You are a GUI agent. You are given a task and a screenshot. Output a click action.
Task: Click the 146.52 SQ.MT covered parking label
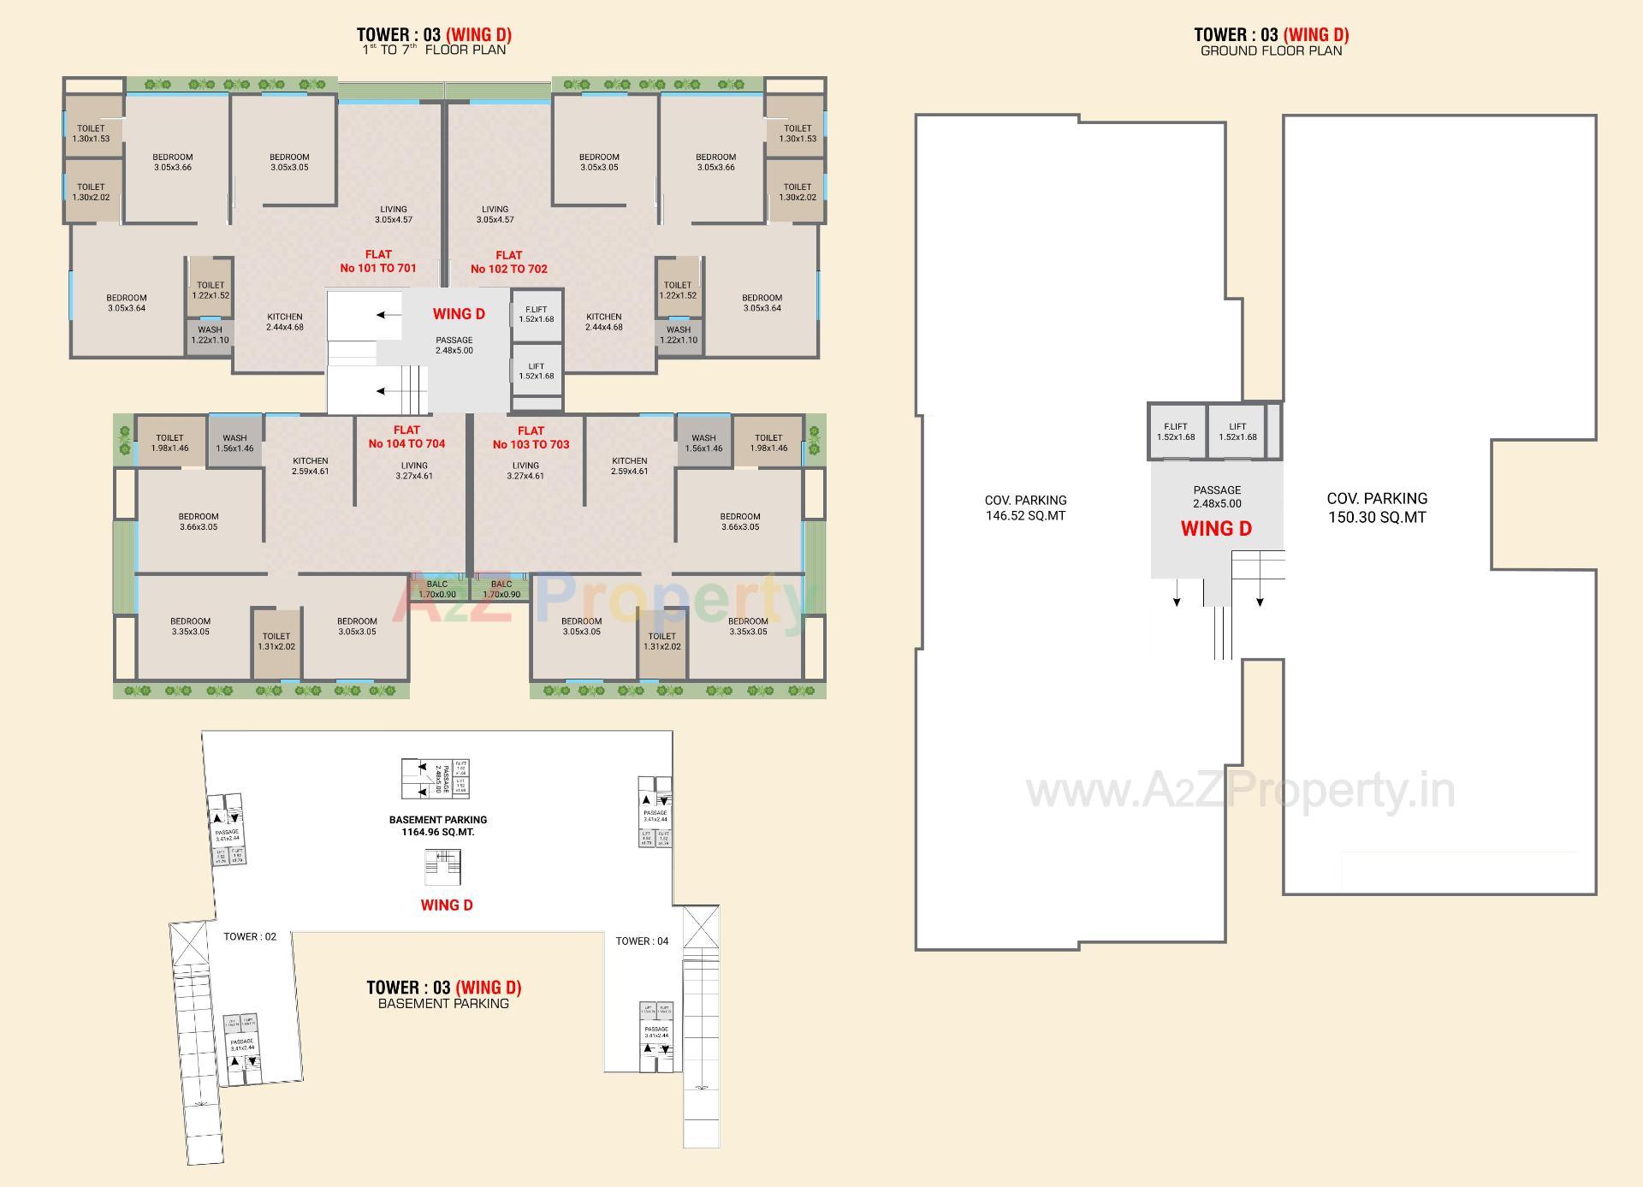[1025, 507]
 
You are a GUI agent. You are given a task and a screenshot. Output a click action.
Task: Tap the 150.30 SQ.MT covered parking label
[1377, 507]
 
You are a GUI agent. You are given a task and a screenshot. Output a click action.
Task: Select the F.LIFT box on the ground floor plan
[1176, 431]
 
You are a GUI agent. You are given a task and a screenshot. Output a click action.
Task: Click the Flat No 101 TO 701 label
[378, 261]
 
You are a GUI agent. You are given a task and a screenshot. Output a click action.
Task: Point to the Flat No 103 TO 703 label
[531, 437]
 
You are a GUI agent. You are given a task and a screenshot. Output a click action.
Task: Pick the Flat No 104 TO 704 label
[406, 436]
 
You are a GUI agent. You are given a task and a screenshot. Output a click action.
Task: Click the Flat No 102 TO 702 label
[509, 262]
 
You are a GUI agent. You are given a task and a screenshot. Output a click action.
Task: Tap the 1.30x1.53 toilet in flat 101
[91, 134]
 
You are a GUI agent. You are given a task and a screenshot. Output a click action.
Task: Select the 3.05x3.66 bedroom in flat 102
[715, 162]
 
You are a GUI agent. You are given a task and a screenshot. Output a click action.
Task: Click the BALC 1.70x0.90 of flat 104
[436, 589]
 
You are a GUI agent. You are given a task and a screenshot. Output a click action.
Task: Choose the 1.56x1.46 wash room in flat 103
[703, 442]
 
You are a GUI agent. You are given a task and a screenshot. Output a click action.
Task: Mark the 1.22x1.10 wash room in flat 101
[210, 335]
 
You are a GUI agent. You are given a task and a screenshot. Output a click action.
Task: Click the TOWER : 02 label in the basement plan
[250, 936]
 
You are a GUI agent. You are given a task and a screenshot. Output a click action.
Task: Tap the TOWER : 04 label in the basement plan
[642, 941]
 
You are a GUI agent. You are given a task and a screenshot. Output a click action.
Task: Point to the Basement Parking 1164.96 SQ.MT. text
[438, 825]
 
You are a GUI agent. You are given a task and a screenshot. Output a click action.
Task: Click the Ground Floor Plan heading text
[1271, 50]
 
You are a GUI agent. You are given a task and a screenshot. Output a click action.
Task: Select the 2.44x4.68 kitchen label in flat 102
[603, 322]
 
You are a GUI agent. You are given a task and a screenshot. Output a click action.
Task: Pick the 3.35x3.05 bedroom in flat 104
[190, 626]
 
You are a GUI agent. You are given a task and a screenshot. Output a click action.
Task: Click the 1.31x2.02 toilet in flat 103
[661, 641]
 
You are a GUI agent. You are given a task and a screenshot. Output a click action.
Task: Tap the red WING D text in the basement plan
[447, 905]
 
